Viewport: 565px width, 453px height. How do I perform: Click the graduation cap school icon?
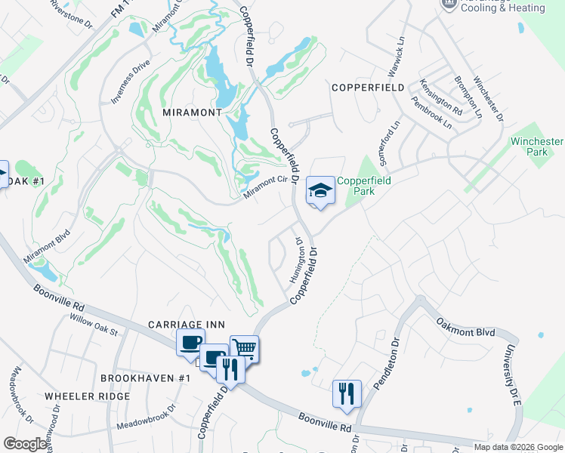(x=320, y=190)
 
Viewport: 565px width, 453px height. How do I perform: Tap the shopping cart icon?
(x=244, y=349)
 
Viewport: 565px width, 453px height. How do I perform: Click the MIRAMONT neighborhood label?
(x=192, y=112)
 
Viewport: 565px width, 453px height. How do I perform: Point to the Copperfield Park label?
(x=366, y=186)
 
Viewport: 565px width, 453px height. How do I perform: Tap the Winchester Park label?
(x=536, y=146)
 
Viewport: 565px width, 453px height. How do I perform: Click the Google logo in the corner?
(x=25, y=444)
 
